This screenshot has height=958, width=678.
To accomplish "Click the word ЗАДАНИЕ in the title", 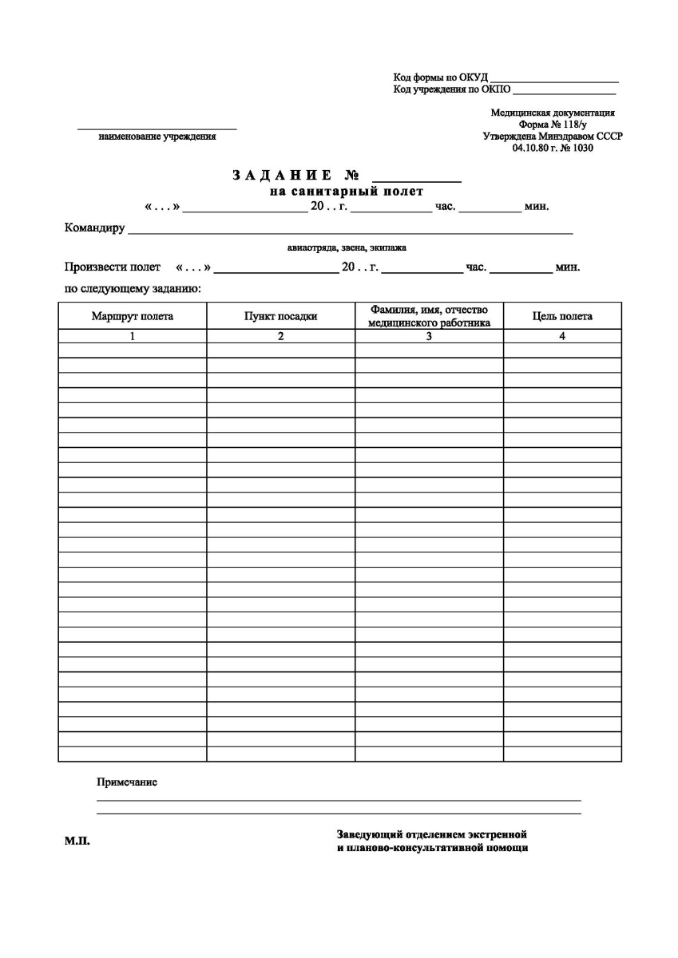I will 283,175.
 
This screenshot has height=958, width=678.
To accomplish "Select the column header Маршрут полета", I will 133,316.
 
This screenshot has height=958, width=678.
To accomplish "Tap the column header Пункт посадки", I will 281,316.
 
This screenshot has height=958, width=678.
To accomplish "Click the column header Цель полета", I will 562,316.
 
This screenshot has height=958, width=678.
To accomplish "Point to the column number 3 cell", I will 429,337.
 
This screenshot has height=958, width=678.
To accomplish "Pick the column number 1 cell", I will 133,337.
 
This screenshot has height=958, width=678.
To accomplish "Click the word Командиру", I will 94,228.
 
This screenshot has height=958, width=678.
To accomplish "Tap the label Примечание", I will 127,782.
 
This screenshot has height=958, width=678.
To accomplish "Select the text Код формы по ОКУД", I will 440,77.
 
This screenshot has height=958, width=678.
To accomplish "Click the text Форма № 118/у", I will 553,125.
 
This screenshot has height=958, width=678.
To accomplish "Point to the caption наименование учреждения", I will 157,137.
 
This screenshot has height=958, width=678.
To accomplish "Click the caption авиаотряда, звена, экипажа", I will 347,247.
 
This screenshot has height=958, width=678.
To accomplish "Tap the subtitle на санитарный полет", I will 346,192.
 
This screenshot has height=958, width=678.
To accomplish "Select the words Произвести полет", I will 112,267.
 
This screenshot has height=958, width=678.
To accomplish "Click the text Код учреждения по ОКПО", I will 452,89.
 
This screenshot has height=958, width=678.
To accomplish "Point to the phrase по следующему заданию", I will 132,288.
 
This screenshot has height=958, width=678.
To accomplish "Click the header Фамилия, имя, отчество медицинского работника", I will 429,316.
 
